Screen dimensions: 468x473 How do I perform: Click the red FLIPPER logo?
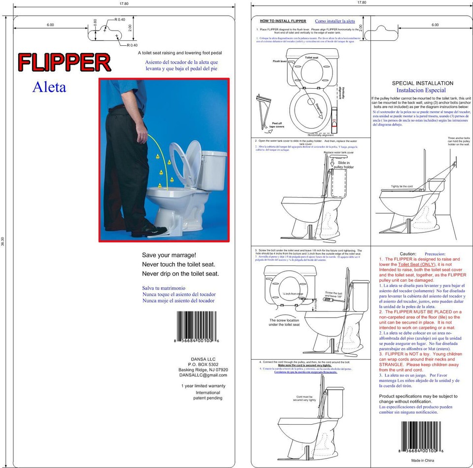[x=64, y=63]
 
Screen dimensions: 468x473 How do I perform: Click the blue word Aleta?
[x=49, y=88]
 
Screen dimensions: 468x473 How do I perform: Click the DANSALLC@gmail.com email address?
[x=203, y=375]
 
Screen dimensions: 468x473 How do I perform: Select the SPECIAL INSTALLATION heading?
[x=422, y=83]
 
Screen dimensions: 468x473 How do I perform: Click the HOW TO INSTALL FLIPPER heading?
[x=283, y=21]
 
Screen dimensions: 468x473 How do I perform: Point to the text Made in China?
[x=423, y=460]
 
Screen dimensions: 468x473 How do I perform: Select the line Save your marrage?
[x=169, y=255]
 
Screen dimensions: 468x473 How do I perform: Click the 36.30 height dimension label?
[x=3, y=241]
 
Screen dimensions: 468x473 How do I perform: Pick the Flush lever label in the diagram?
[x=280, y=61]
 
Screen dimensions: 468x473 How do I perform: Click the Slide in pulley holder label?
[x=343, y=165]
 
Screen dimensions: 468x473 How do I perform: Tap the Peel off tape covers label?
[x=276, y=125]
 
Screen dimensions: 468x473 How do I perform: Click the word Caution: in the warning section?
[x=408, y=253]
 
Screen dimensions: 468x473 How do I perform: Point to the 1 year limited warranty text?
[x=203, y=386]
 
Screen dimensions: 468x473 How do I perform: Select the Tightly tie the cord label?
[x=402, y=187]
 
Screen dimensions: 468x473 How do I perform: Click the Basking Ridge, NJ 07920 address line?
[x=203, y=369]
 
